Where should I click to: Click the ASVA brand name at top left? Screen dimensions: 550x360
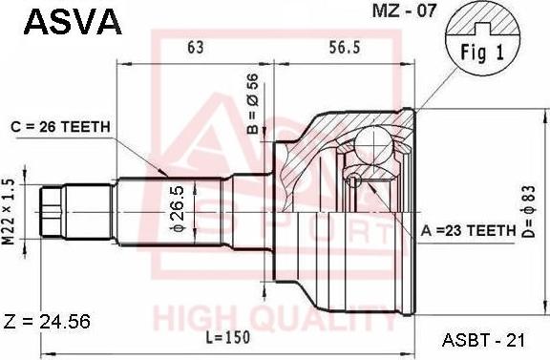[x=73, y=22]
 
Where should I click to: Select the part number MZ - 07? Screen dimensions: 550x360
[x=404, y=11]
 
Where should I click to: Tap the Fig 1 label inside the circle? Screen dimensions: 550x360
[x=482, y=53]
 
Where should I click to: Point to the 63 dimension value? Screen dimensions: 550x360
[x=195, y=47]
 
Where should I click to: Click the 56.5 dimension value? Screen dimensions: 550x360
[x=345, y=47]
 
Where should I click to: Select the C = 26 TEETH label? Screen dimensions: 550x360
[x=60, y=127]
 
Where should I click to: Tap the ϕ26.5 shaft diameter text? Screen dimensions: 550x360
[x=178, y=210]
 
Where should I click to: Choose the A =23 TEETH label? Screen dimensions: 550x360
[x=468, y=230]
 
